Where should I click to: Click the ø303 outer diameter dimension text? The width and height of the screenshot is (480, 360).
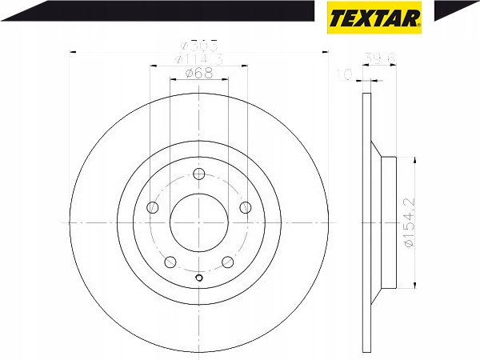tap(198, 46)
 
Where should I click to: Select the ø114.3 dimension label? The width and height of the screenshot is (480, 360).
tap(198, 59)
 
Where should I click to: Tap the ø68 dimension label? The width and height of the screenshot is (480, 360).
tap(198, 73)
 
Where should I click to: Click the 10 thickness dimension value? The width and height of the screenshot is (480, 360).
tap(345, 74)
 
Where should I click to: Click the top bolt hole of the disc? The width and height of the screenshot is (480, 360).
tap(198, 174)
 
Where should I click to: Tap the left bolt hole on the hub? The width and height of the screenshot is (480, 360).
tap(154, 208)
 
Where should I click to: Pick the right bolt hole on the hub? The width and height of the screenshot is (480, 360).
tap(245, 208)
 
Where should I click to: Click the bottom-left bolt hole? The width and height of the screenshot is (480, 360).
tap(170, 262)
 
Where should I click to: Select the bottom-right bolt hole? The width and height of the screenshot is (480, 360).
tap(228, 262)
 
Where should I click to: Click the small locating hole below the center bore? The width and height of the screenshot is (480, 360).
tap(198, 278)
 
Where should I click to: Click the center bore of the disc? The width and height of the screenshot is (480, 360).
tap(198, 222)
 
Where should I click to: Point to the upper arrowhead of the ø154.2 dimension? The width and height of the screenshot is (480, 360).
tap(414, 160)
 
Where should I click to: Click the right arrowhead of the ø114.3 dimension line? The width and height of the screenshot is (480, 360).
tap(244, 66)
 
